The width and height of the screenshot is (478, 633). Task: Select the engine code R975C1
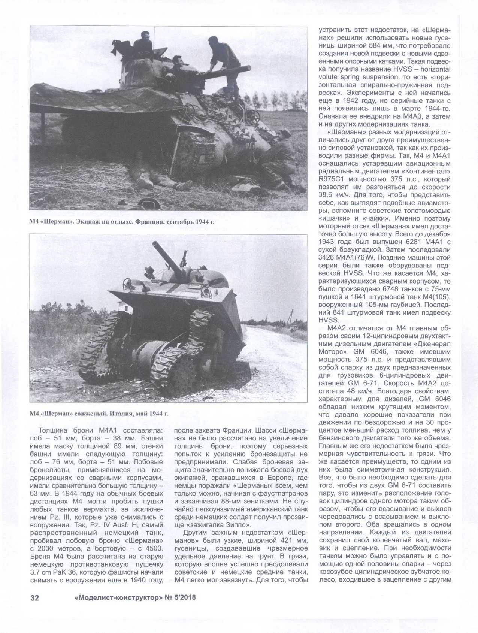(332, 179)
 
